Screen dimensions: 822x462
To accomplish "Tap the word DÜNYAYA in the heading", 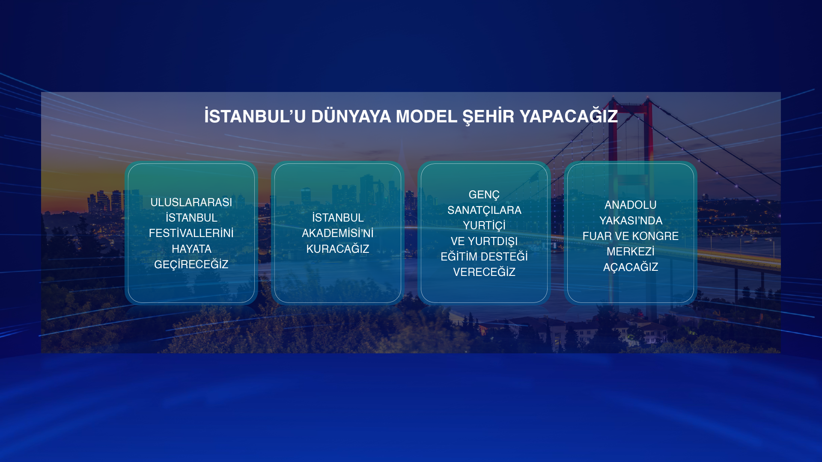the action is [x=351, y=115].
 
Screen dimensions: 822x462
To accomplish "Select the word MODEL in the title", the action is [x=426, y=116].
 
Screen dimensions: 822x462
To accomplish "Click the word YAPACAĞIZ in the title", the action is [x=569, y=115].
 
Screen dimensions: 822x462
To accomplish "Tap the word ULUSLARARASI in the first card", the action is [x=191, y=202].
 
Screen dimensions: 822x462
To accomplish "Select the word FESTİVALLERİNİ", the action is [x=191, y=233].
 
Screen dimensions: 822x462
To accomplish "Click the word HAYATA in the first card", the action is [x=191, y=249].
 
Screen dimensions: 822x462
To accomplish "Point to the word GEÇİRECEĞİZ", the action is [x=191, y=264].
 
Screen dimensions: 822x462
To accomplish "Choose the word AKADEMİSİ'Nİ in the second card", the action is [x=338, y=233].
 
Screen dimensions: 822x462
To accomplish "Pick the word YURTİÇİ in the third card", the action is [x=484, y=226].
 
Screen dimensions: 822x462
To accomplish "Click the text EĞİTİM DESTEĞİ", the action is [x=484, y=256].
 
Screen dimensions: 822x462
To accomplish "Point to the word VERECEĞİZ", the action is [x=484, y=272].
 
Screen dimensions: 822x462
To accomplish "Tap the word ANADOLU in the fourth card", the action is [x=631, y=205].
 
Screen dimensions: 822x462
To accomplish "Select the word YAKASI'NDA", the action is [x=631, y=221].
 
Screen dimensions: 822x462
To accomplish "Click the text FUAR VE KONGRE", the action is [x=631, y=236].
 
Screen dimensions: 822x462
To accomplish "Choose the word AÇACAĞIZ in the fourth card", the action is [x=631, y=267].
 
